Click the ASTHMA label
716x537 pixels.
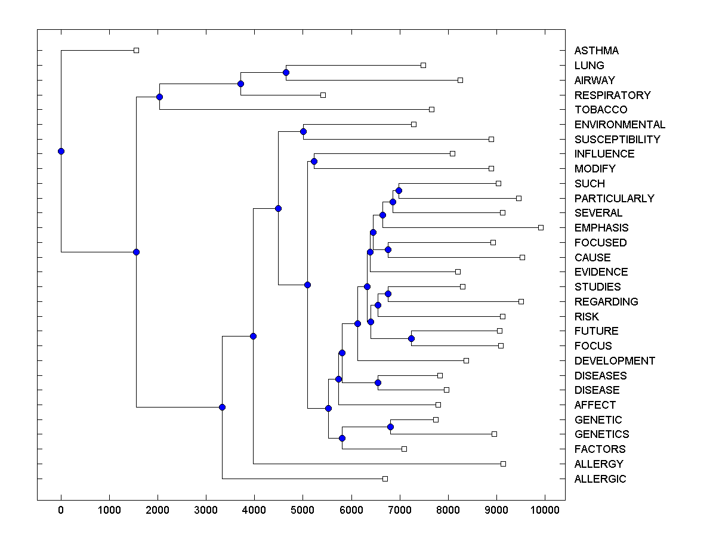(x=596, y=51)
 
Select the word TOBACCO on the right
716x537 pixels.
(x=600, y=110)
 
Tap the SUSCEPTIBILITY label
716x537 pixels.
(x=617, y=139)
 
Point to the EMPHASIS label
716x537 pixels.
(x=601, y=228)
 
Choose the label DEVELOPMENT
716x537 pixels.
(x=615, y=361)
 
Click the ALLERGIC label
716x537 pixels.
(x=600, y=479)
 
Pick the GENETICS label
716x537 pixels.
(x=601, y=434)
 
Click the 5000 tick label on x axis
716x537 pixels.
(x=303, y=510)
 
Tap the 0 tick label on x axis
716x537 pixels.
(x=61, y=510)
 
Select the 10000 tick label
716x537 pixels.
(x=544, y=510)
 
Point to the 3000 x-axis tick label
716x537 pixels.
(x=206, y=510)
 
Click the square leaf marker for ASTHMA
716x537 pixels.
(x=136, y=50)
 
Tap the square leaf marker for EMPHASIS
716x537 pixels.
(x=541, y=227)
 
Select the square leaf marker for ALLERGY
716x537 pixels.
(x=503, y=464)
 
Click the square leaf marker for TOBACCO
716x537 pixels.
(x=431, y=109)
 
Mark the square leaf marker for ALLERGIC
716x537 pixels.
(x=385, y=479)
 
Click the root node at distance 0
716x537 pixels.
(x=61, y=151)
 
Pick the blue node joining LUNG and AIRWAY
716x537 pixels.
(x=286, y=72)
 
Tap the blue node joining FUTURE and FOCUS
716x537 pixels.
(x=411, y=338)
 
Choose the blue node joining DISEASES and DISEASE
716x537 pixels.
(x=378, y=382)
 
